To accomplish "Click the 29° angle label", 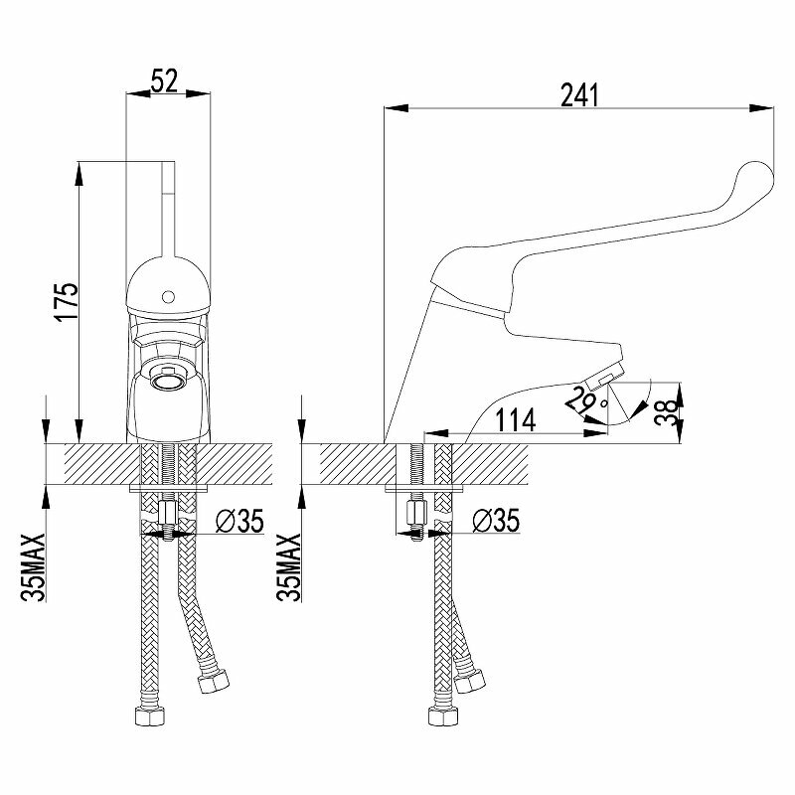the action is tap(583, 399).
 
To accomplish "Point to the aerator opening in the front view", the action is tap(166, 380).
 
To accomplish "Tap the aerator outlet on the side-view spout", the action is tap(605, 375).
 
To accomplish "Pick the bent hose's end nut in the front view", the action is tap(212, 685).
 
